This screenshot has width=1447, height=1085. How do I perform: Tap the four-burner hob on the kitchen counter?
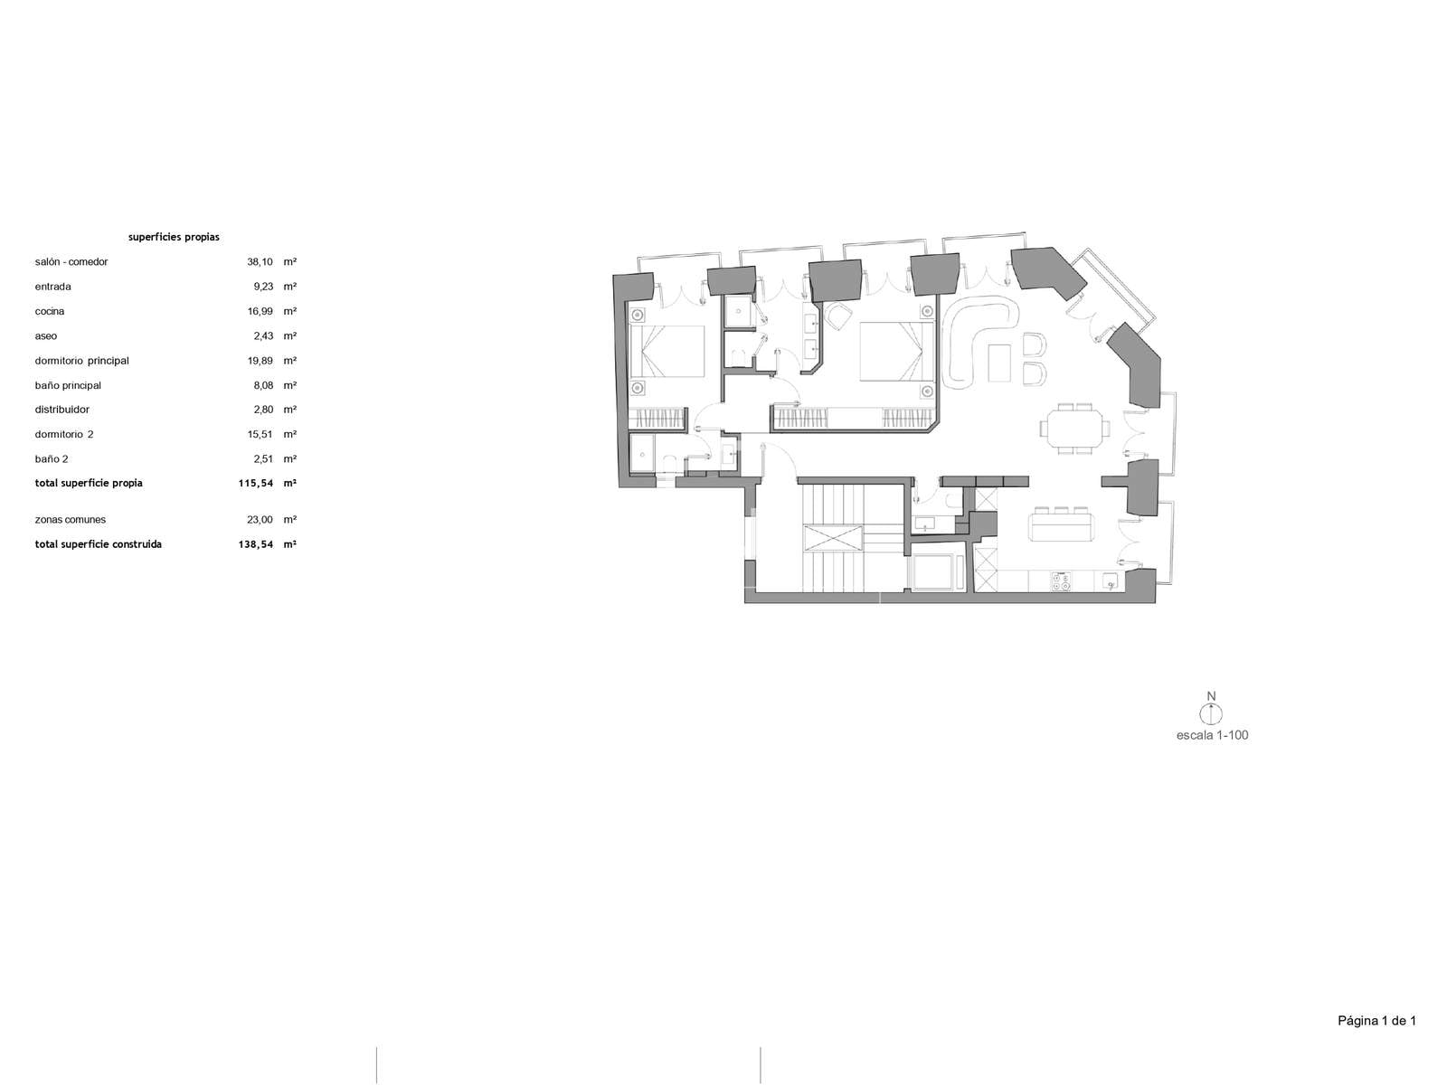coord(1061,581)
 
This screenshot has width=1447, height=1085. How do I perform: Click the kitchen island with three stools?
coord(1062,525)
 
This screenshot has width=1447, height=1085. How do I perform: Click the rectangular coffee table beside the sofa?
coord(1001,363)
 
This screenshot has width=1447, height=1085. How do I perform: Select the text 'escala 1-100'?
coord(1212,735)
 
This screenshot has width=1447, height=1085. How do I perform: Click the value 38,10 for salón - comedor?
coord(260,261)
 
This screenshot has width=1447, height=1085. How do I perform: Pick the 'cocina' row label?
coord(50,311)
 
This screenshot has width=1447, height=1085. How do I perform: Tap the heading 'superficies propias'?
coord(174,237)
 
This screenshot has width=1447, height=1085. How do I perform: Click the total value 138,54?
coord(256,544)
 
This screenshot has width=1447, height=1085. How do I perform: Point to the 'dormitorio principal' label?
coord(81,361)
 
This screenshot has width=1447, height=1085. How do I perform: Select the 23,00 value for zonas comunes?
coord(260,520)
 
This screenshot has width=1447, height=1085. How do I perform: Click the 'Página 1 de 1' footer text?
coord(1376,1021)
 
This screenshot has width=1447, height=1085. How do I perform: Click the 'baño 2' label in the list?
coord(52,459)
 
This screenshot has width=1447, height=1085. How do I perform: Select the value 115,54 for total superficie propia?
coord(256,483)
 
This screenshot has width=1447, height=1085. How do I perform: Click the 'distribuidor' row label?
coord(62,409)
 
